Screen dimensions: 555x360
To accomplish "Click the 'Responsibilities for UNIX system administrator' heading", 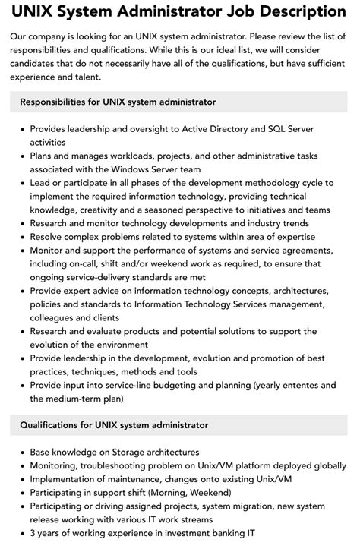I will [118, 102].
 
